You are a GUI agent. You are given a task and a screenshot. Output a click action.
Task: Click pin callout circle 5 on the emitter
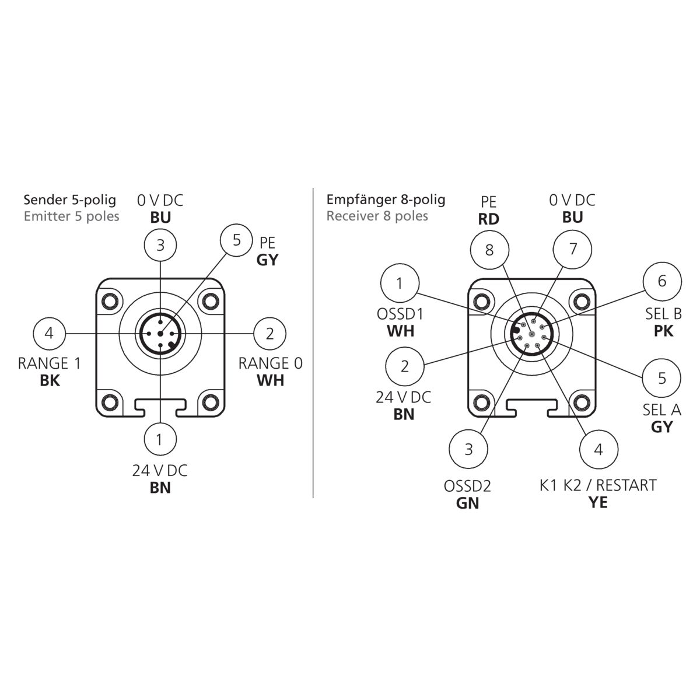point(236,240)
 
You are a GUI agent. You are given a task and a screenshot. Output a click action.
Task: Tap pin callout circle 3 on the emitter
point(160,245)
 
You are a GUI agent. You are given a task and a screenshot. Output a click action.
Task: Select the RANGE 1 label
point(49,363)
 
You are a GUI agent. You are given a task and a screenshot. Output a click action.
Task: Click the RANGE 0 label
point(270,363)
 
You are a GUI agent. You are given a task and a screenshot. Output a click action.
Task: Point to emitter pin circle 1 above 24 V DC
point(160,439)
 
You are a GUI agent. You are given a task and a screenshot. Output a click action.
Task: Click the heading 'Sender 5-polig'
point(70,200)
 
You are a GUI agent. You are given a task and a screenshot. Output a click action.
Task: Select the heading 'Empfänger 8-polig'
point(386,199)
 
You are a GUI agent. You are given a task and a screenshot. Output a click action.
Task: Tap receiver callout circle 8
point(489,250)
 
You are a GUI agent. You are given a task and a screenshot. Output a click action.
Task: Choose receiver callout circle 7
point(572,249)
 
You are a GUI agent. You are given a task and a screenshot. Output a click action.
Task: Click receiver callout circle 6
point(661,281)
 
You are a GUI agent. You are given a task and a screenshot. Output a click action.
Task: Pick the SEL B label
point(663,314)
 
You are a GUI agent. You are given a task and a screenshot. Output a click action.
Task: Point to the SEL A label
point(662,409)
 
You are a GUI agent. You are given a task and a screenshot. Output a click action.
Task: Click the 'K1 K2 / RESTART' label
point(597,485)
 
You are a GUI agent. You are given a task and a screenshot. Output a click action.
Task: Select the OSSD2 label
point(468,486)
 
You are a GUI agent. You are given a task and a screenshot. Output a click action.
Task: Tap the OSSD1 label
point(400,314)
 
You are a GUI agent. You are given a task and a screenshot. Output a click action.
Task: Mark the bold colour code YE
point(598,502)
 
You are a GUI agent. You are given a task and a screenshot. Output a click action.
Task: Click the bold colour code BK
point(50,380)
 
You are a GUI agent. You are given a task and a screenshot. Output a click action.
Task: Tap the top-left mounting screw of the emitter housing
point(109,301)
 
